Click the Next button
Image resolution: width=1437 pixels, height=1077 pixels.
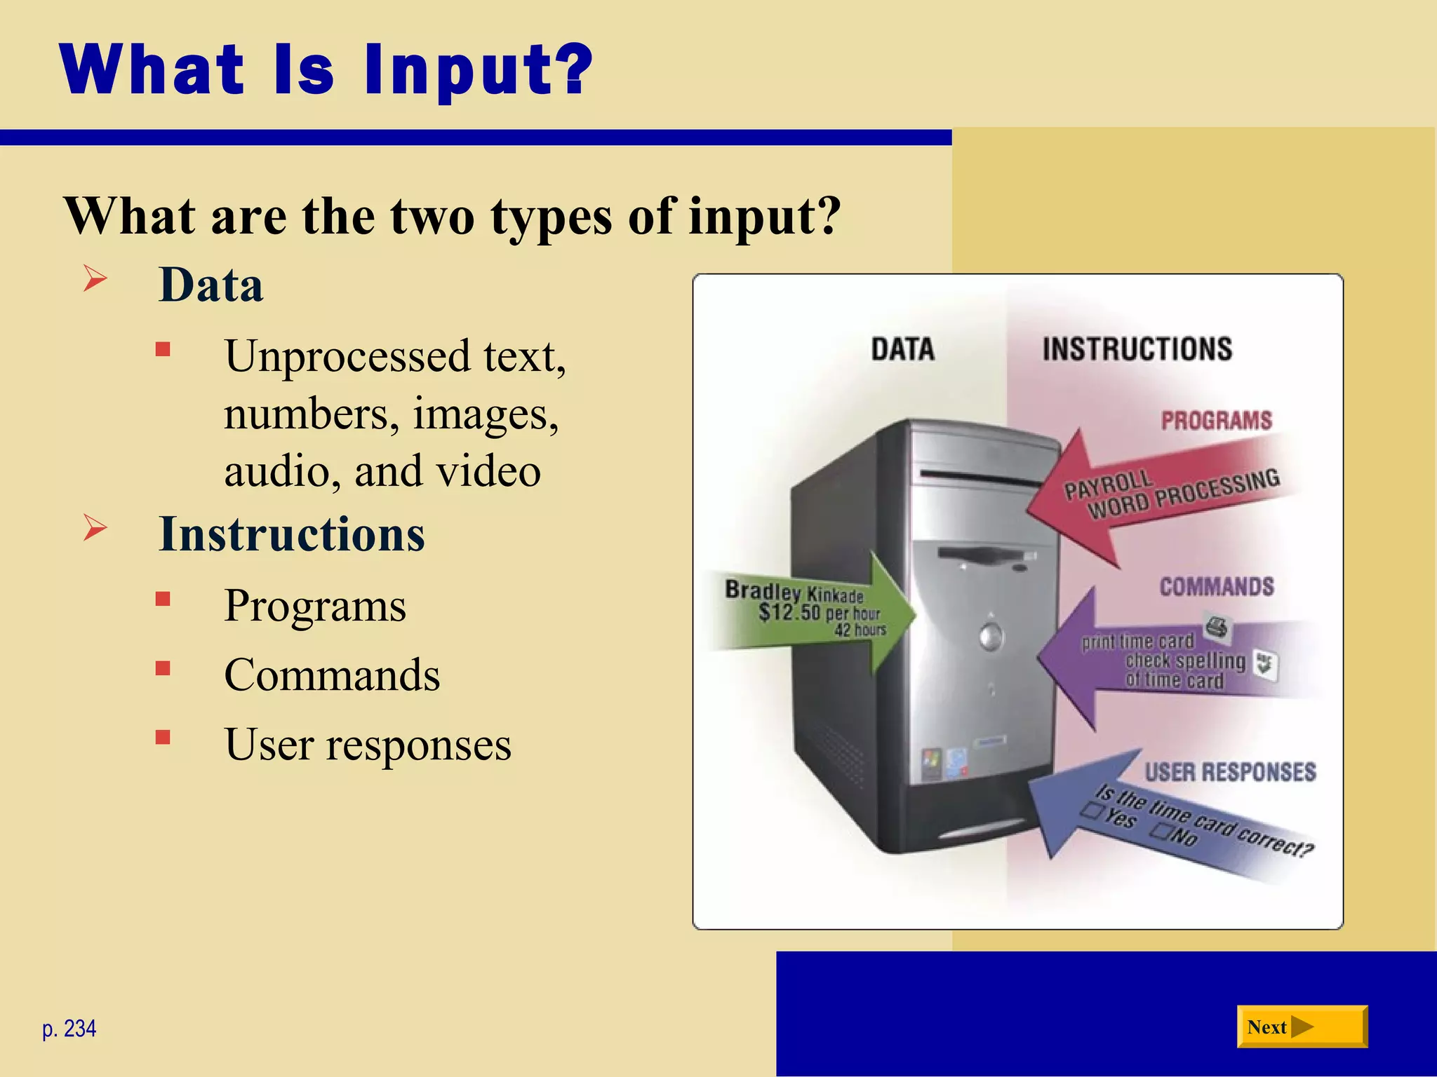pyautogui.click(x=1302, y=1027)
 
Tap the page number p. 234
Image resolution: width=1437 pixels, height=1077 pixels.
pyautogui.click(x=69, y=1029)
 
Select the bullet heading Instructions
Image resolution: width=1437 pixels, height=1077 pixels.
pyautogui.click(x=292, y=534)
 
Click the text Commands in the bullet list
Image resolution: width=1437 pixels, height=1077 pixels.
pyautogui.click(x=332, y=675)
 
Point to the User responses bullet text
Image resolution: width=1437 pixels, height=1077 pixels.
pyautogui.click(x=368, y=745)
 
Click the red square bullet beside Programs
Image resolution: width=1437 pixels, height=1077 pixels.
pyautogui.click(x=163, y=599)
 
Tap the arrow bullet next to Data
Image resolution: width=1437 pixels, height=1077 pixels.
pyautogui.click(x=95, y=278)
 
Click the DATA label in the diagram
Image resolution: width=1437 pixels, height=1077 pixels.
pyautogui.click(x=902, y=349)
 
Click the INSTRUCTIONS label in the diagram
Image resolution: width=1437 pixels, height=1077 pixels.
pyautogui.click(x=1137, y=349)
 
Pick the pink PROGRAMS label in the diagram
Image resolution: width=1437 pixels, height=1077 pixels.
pyautogui.click(x=1216, y=421)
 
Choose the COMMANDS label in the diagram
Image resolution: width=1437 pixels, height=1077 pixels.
pyautogui.click(x=1216, y=587)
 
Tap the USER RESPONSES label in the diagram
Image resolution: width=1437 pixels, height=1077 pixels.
pyautogui.click(x=1230, y=772)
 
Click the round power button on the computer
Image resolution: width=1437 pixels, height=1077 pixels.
pyautogui.click(x=991, y=637)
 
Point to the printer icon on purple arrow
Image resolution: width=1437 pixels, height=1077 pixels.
pyautogui.click(x=1217, y=626)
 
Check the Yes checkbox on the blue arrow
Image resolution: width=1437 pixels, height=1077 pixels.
pyautogui.click(x=1092, y=811)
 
